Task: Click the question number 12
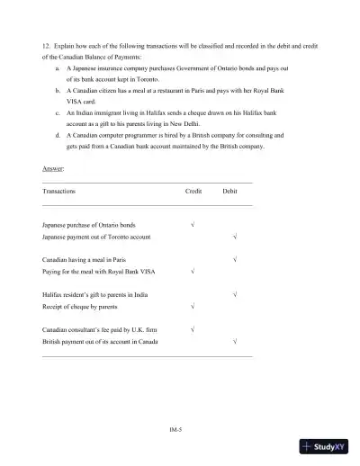(x=46, y=44)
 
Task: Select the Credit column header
(x=193, y=192)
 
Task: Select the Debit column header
(x=230, y=192)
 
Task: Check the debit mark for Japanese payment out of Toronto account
(x=234, y=236)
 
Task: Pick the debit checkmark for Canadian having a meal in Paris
(x=234, y=258)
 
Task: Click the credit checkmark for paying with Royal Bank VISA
(x=193, y=270)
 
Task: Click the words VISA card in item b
(x=83, y=103)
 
